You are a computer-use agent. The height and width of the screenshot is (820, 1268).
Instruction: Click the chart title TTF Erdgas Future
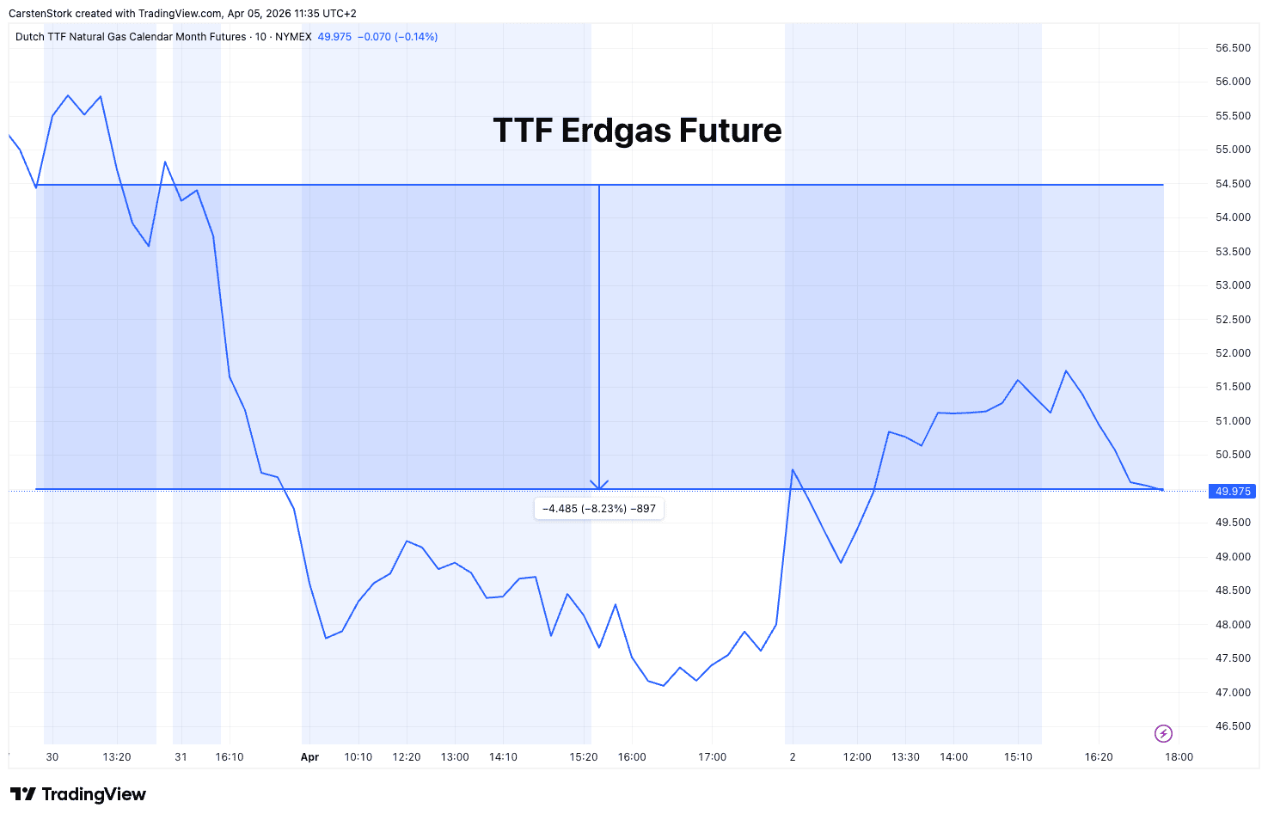pos(637,131)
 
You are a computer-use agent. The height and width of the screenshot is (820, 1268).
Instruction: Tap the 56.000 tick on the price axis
pos(1233,82)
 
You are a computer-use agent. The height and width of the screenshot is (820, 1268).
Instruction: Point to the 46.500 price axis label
pos(1233,726)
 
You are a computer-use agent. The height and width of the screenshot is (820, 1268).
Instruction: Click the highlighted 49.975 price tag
pos(1233,492)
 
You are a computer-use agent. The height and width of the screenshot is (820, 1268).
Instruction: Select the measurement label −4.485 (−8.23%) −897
pos(599,509)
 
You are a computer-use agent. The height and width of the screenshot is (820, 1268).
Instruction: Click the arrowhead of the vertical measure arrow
pos(599,486)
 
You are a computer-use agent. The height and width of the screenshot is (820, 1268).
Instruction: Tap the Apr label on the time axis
pos(309,757)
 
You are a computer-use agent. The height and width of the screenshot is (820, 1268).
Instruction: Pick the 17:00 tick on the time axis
pos(712,757)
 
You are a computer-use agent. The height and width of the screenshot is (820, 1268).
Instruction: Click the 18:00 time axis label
pos(1179,757)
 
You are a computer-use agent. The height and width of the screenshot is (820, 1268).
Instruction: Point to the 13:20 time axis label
pos(117,757)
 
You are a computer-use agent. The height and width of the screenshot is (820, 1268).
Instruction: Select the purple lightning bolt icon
pos(1163,733)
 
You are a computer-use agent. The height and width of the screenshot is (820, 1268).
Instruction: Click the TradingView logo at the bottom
pos(78,794)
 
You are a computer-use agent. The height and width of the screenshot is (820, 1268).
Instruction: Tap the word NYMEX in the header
pos(293,37)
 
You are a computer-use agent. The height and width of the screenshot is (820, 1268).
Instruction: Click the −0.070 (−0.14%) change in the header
pos(397,37)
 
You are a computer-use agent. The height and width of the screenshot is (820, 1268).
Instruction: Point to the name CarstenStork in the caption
pos(40,14)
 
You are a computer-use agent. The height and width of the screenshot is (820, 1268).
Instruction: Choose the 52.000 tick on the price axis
pos(1233,353)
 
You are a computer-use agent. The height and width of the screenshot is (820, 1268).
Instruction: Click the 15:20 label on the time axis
pos(584,757)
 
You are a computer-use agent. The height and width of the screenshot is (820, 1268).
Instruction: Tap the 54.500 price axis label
pos(1233,184)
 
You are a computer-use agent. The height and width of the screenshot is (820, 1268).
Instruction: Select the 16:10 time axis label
pos(230,757)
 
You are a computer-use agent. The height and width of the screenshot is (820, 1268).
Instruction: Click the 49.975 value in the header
pos(334,37)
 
